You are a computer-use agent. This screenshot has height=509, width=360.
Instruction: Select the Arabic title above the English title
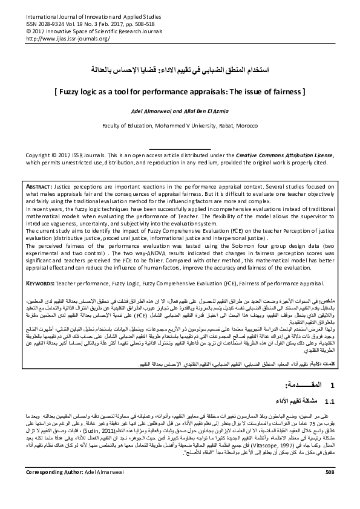click(180, 71)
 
